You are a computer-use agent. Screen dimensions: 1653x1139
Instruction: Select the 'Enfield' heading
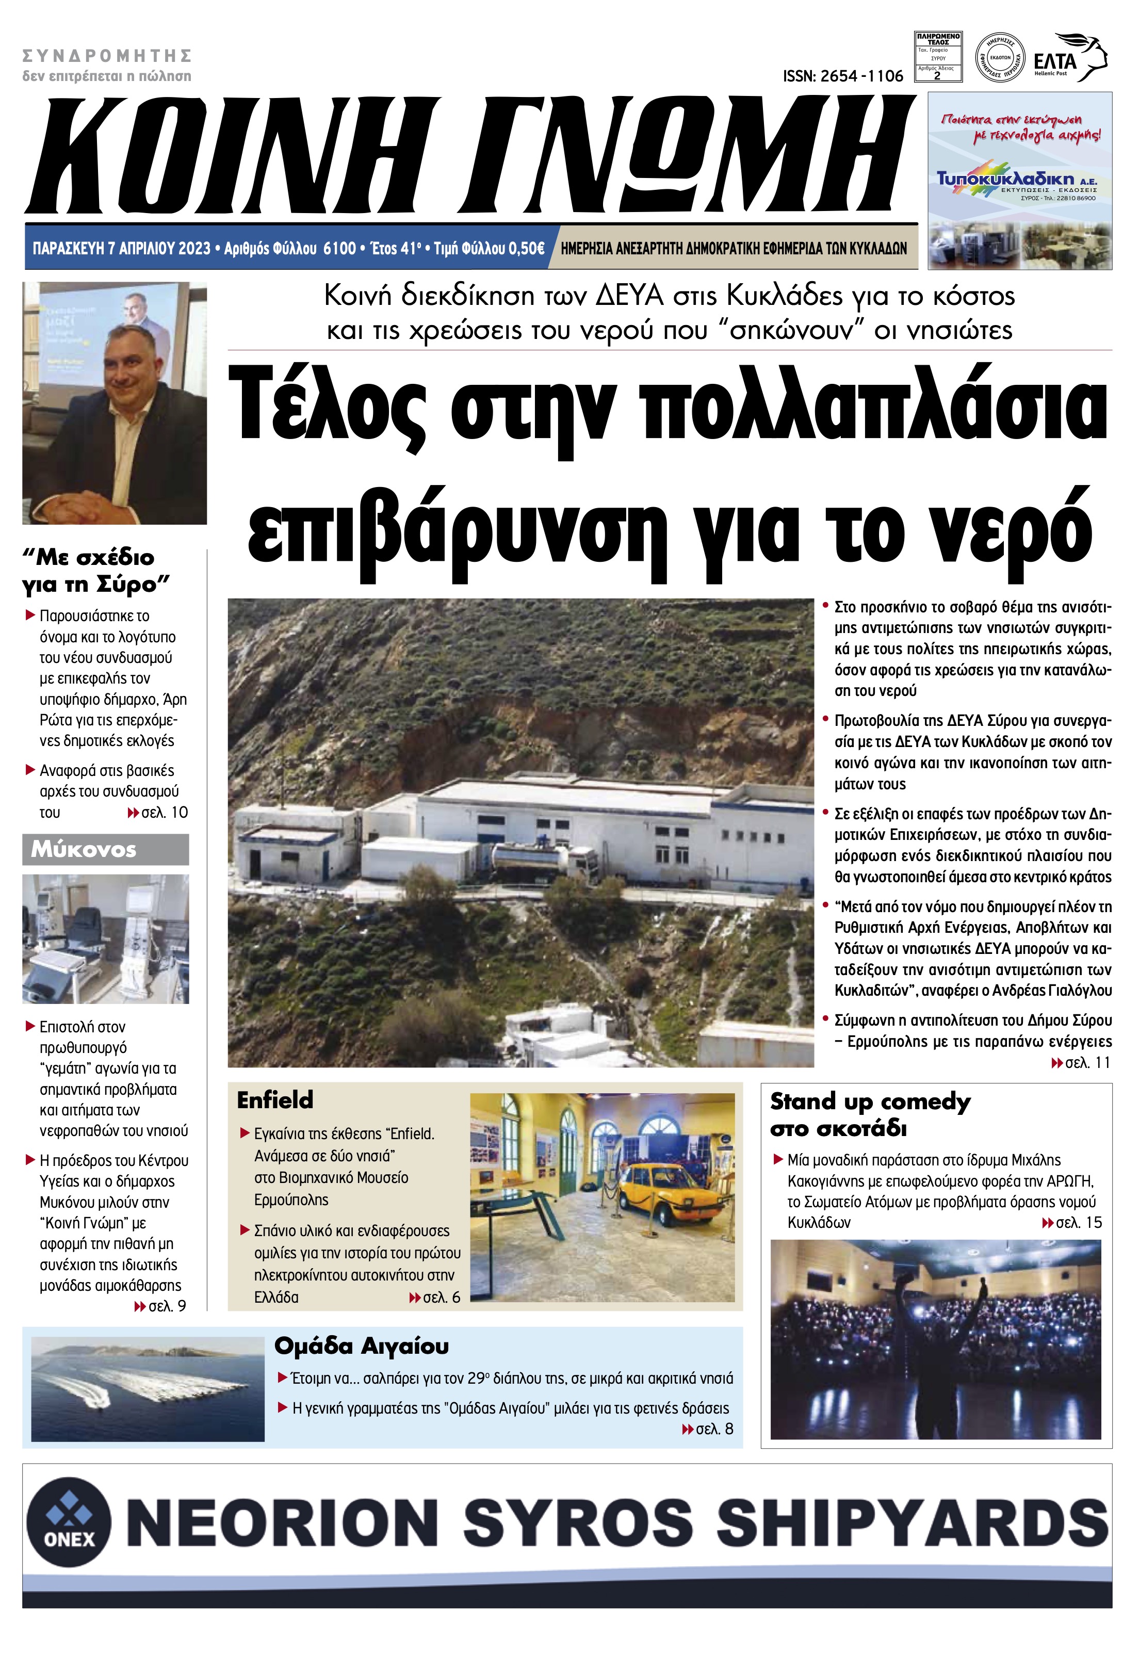pyautogui.click(x=275, y=1100)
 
